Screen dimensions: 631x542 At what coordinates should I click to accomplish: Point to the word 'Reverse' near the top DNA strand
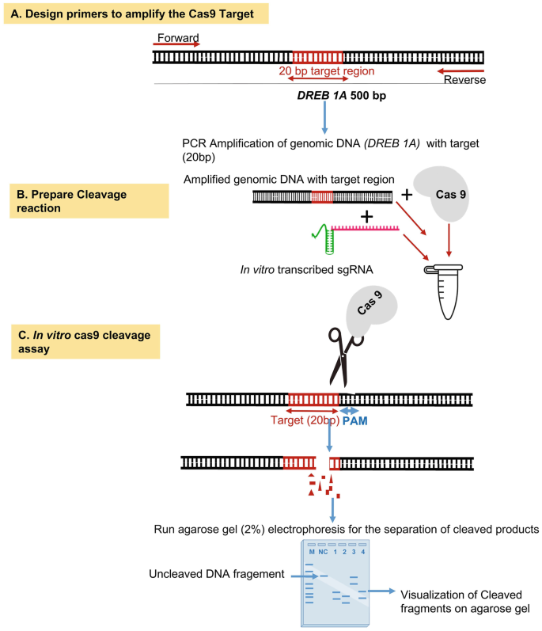click(x=464, y=80)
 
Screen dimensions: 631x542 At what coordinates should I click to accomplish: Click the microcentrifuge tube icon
click(x=449, y=284)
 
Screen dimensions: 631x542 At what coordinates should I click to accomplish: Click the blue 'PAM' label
click(x=354, y=421)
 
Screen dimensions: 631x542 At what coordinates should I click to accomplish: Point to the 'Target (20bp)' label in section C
click(x=303, y=421)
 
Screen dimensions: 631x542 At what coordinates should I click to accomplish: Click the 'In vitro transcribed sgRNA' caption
click(x=307, y=269)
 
